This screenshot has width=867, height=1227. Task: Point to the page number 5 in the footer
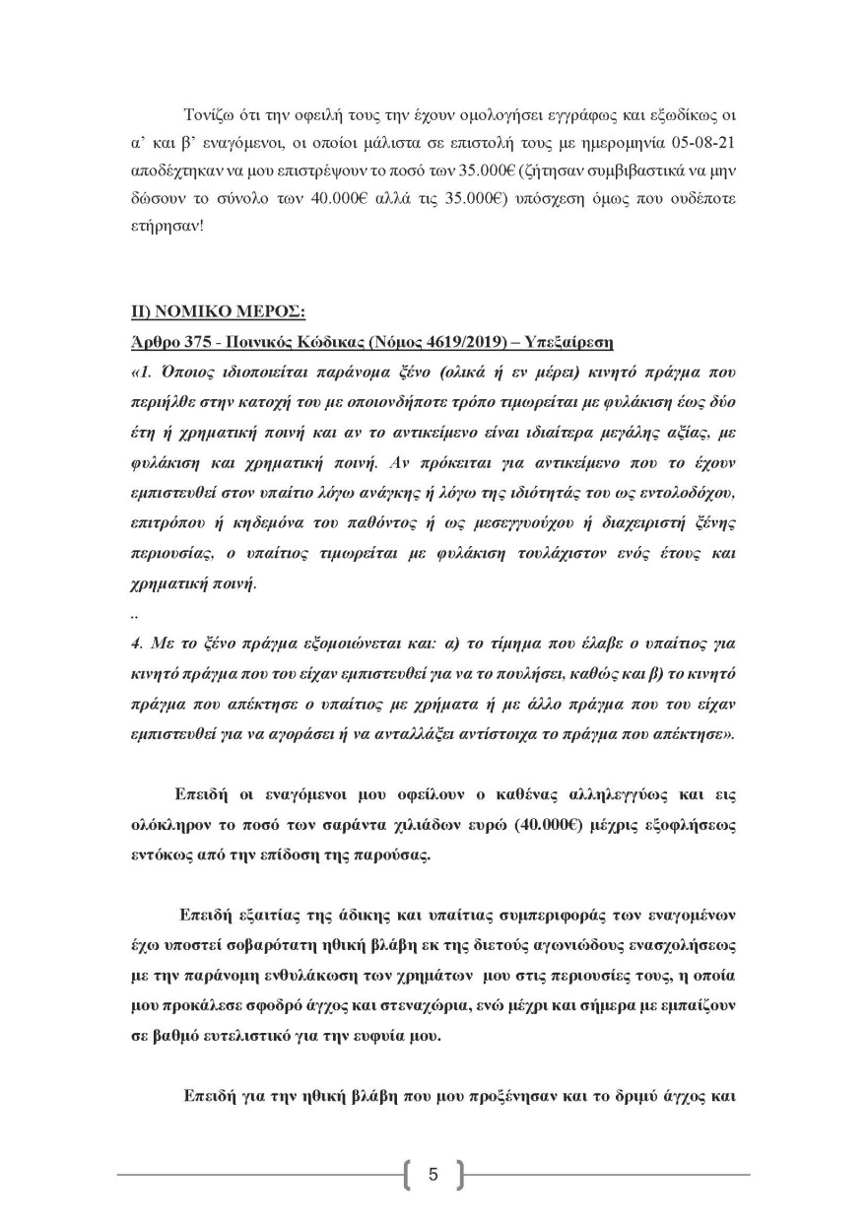point(433,1174)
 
